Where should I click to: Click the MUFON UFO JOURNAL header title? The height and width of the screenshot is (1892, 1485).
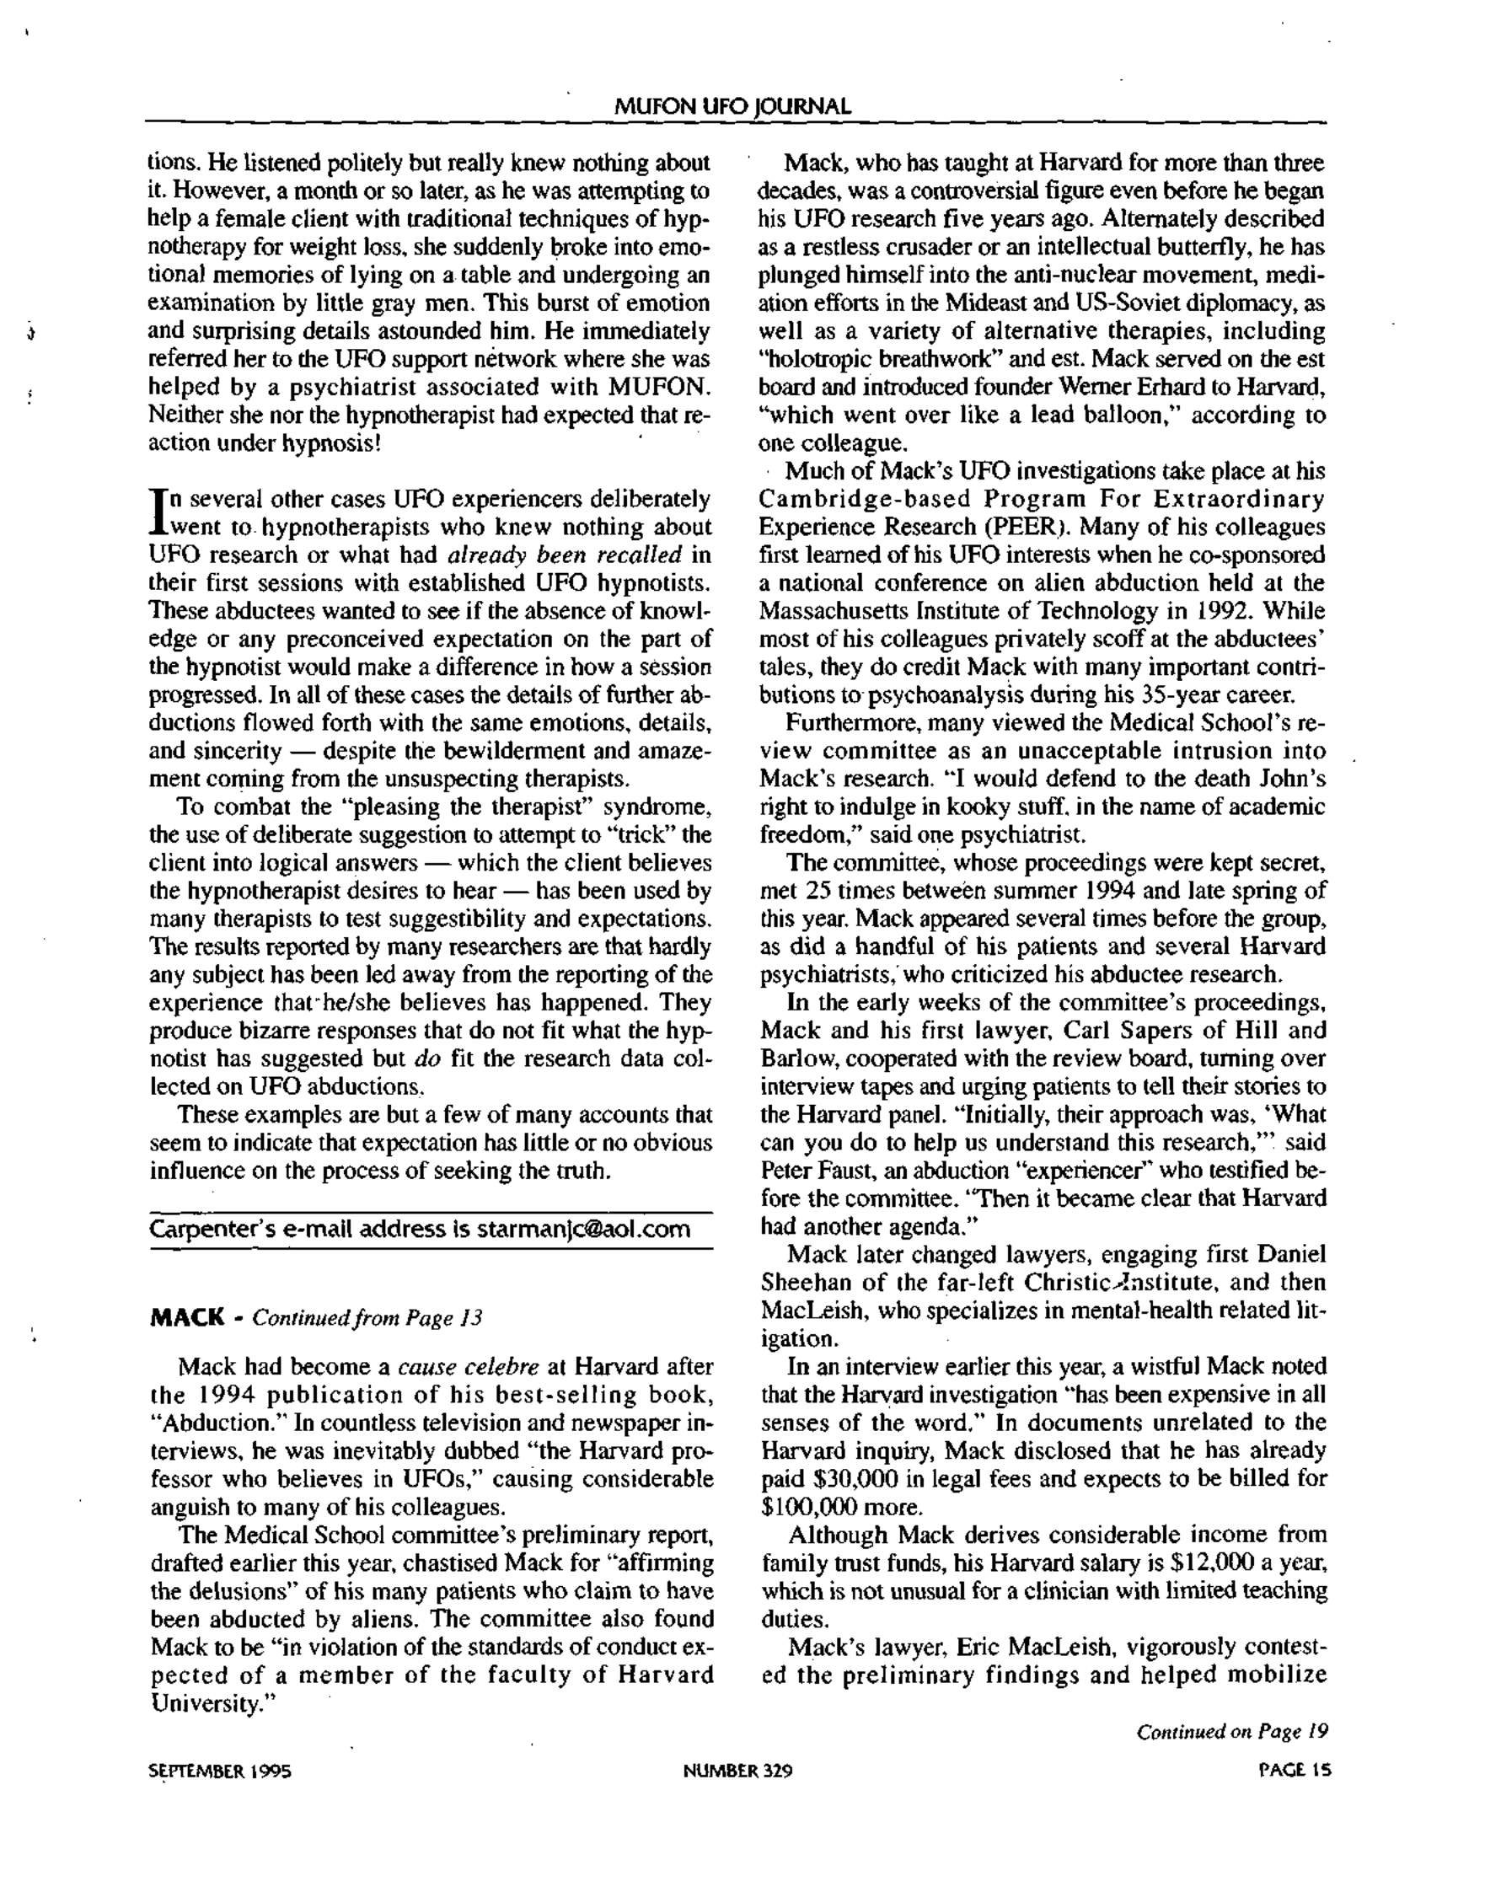click(732, 107)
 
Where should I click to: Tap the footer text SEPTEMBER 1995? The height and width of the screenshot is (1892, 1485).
click(220, 1771)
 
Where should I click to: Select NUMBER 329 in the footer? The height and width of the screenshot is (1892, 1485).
click(737, 1771)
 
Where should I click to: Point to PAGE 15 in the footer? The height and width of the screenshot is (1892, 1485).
click(1295, 1771)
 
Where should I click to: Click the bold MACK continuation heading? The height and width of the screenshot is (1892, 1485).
click(187, 1318)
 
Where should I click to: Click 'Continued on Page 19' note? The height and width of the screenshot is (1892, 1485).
click(1232, 1731)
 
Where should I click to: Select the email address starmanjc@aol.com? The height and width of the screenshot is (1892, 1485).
click(583, 1230)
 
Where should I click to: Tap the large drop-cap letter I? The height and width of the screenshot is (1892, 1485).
click(158, 512)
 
